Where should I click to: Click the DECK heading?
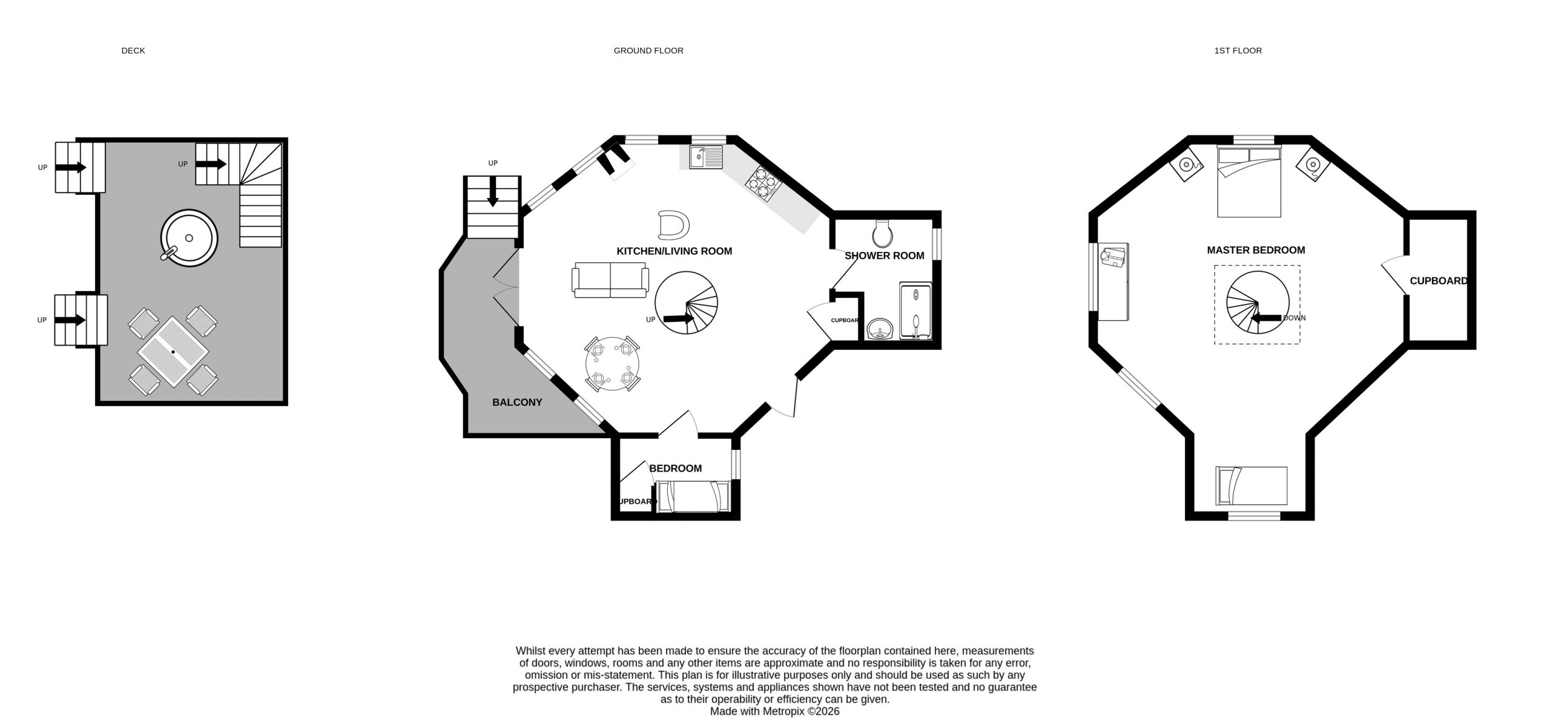coord(133,51)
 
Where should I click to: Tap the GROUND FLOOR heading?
coord(648,51)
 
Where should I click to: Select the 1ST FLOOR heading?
coord(1238,51)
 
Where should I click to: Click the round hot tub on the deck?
coord(189,238)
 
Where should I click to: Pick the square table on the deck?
coord(173,352)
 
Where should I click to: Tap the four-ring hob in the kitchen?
coord(765,183)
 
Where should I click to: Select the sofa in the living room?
coord(610,280)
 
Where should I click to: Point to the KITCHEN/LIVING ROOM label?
coord(674,251)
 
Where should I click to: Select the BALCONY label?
coord(517,402)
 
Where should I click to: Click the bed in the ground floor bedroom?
coord(694,496)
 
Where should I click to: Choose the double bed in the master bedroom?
coord(1249,182)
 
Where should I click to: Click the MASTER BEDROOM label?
coord(1256,250)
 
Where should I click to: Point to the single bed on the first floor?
coord(1252,486)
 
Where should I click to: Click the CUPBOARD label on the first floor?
coord(1439,281)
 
